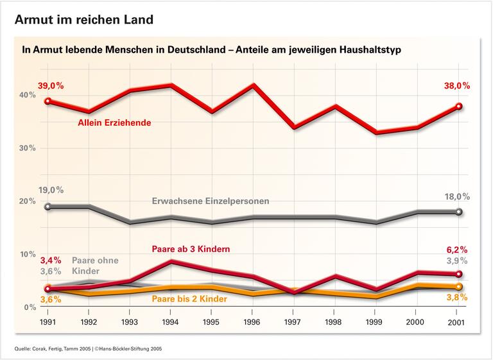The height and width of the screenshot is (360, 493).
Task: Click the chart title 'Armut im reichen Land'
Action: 84,19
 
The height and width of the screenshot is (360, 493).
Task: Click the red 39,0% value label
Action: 51,85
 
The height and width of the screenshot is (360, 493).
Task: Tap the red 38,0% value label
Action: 457,85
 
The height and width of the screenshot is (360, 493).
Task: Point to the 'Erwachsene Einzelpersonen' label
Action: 211,201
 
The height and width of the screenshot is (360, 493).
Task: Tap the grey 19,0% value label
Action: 51,190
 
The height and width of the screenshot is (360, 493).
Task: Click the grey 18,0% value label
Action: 457,196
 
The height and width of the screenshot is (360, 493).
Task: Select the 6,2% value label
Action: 456,249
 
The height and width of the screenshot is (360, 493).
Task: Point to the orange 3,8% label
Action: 456,297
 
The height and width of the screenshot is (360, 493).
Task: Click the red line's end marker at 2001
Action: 457,107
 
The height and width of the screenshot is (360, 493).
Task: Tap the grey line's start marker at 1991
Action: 48,207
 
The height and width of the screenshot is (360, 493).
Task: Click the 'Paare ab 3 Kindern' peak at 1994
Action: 169,261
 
